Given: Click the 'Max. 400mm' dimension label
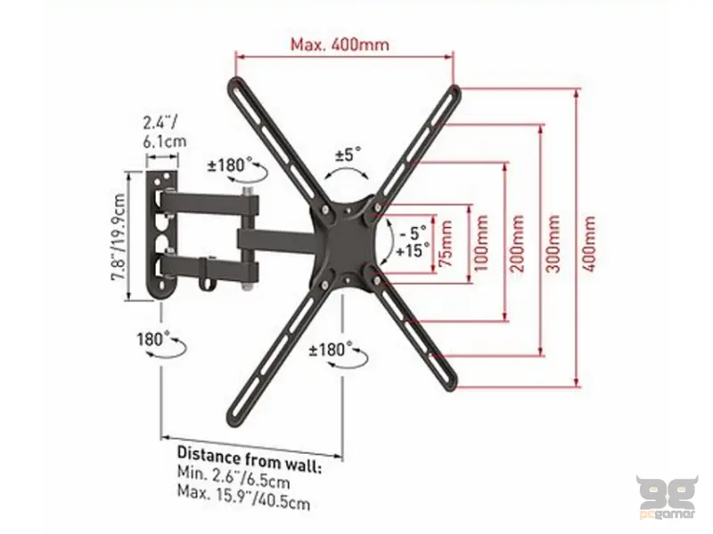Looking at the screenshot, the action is pyautogui.click(x=340, y=44).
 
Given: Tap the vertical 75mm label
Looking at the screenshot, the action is pyautogui.click(x=447, y=243).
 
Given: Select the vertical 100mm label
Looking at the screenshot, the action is pyautogui.click(x=481, y=243).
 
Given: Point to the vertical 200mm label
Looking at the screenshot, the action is pyautogui.click(x=517, y=243).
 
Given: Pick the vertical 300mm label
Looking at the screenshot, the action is pyautogui.click(x=553, y=243).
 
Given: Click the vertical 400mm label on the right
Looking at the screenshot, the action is pyautogui.click(x=588, y=243).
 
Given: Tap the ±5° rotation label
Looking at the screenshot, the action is pyautogui.click(x=348, y=154).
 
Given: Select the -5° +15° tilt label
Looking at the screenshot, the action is pyautogui.click(x=413, y=241).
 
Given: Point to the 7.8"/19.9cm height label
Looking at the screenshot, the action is pyautogui.click(x=119, y=237).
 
